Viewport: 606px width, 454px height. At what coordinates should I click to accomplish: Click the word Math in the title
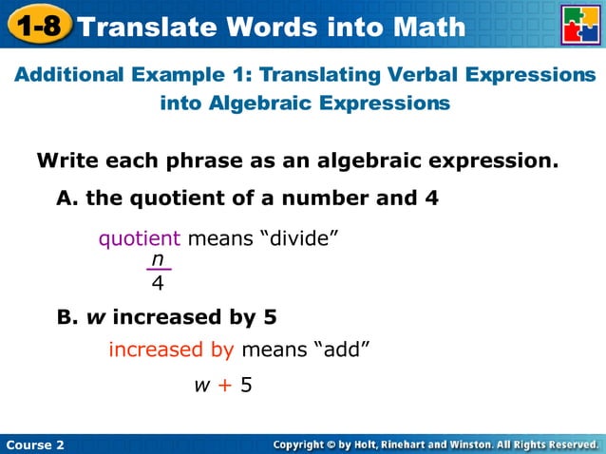426,27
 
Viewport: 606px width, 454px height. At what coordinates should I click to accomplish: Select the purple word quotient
139,239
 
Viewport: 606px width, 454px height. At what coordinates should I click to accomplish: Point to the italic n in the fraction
158,259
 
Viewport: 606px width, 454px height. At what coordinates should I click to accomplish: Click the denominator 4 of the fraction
158,282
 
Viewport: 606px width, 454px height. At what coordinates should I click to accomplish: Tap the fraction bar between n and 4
158,271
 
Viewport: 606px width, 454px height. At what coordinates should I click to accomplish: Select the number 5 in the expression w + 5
246,386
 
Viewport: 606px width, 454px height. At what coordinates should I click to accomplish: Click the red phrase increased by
171,350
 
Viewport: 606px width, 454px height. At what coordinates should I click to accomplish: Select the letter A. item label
66,199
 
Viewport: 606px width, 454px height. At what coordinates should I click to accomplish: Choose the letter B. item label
66,316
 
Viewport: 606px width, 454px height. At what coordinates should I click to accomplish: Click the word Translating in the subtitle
316,74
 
